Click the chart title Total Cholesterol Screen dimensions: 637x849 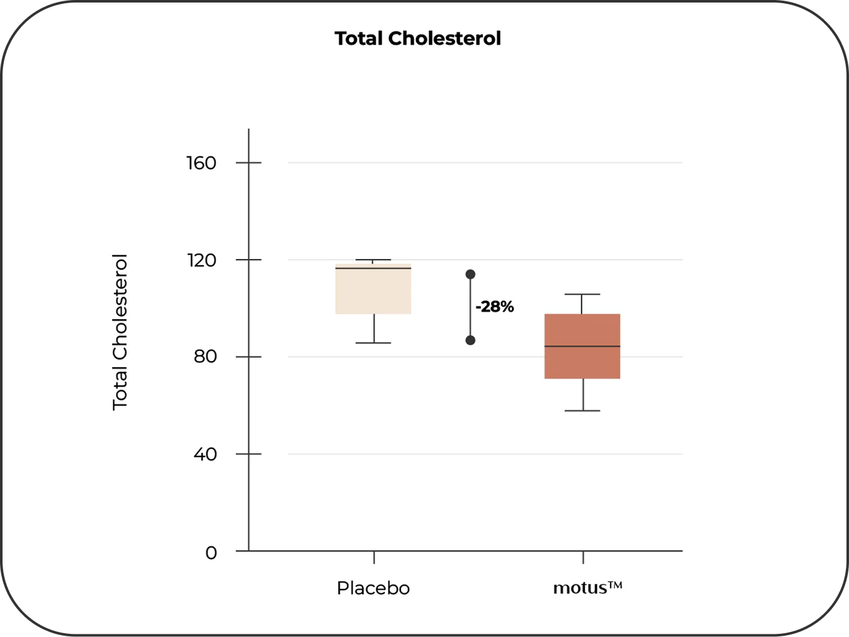[418, 39]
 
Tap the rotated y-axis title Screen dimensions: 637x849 [120, 332]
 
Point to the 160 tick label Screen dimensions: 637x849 [201, 163]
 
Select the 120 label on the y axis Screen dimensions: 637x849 [201, 260]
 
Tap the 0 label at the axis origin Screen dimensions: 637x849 [211, 553]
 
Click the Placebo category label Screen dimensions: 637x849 [373, 588]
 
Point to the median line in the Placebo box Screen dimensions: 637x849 [374, 268]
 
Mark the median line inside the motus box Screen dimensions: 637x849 [582, 346]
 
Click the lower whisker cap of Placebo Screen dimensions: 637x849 [374, 343]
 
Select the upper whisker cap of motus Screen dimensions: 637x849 [582, 294]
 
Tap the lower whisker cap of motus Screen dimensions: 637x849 [582, 411]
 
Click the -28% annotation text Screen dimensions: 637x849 [494, 308]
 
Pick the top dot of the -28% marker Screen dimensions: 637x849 [470, 274]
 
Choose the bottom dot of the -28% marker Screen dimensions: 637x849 [470, 340]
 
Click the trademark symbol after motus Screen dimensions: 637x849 [615, 586]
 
